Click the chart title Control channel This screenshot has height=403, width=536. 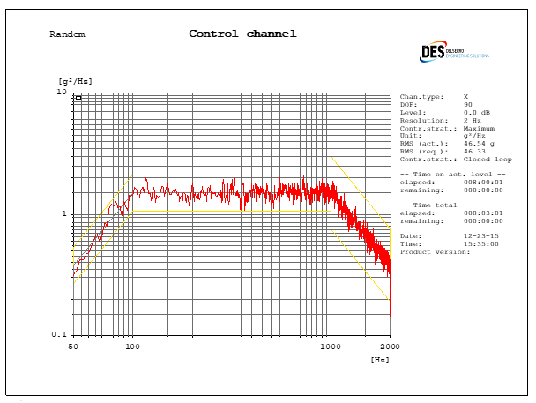pos(242,34)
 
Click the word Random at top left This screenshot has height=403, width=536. pos(67,34)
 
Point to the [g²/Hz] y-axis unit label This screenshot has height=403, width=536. pos(75,81)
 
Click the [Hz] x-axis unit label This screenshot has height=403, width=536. pos(380,360)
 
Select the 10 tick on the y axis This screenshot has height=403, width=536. pos(62,92)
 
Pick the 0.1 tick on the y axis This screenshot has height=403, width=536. pos(59,335)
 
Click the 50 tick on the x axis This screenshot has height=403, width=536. pos(74,347)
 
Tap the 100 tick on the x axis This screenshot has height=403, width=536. pos(133,347)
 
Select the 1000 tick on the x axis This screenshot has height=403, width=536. pos(331,347)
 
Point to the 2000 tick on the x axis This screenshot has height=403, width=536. pos(390,347)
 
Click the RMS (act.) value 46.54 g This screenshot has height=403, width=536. pos(478,143)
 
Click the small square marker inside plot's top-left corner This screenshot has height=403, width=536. pos(78,98)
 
